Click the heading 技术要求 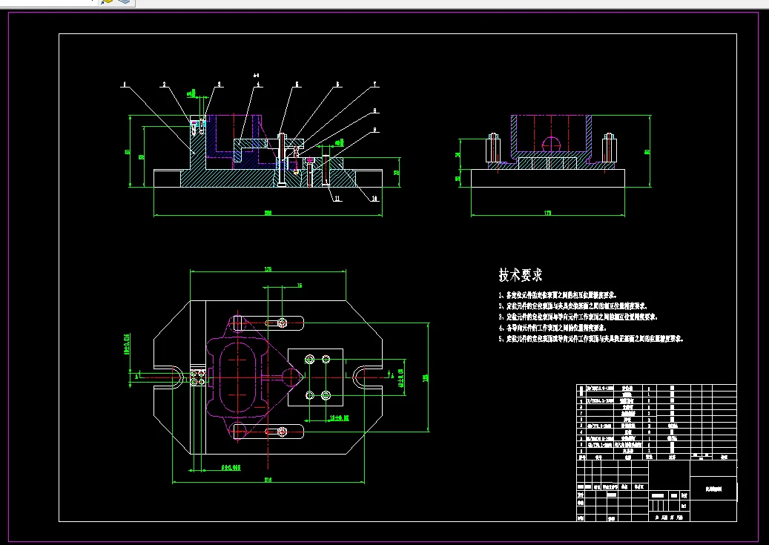click(521, 275)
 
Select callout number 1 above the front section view click(124, 85)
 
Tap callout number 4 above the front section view click(258, 85)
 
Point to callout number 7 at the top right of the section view click(375, 85)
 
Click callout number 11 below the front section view click(337, 199)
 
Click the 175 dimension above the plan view click(268, 269)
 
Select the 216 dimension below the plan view click(268, 480)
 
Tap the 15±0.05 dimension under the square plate click(338, 417)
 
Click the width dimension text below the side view click(548, 214)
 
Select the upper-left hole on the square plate click(309, 360)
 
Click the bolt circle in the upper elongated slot click(282, 323)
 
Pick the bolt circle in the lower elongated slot click(282, 431)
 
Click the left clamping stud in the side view click(491, 148)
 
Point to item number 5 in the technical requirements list click(501, 339)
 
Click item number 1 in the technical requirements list click(501, 295)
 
